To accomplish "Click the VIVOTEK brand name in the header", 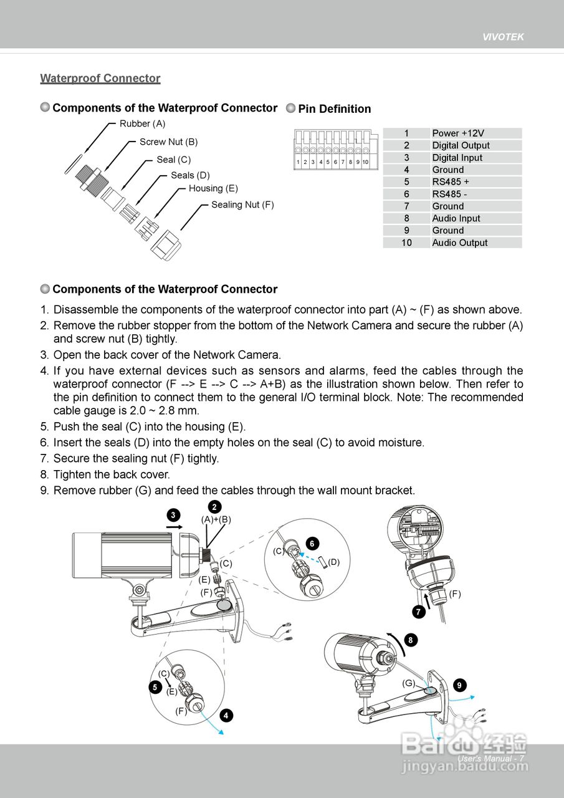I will tap(503, 37).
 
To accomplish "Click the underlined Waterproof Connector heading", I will tap(100, 79).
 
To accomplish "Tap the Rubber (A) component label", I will tap(142, 123).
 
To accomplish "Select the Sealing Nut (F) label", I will tap(242, 204).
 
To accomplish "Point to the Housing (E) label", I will tap(213, 188).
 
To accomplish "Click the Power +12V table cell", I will tap(458, 133).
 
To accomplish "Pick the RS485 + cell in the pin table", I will tap(451, 181).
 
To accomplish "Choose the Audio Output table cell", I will tap(460, 243).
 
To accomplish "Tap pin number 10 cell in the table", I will tap(406, 243).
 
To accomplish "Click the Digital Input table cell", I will tap(457, 157).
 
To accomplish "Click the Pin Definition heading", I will tap(334, 109).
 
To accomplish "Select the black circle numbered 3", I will tap(173, 514).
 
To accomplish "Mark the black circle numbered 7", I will tap(419, 612).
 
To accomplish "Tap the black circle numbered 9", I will tap(459, 685).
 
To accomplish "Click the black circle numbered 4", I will tap(226, 715).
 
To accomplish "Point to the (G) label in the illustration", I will tap(408, 683).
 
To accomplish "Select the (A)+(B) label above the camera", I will tap(216, 519).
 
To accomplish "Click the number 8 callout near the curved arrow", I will tap(409, 640).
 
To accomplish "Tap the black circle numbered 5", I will tap(155, 687).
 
